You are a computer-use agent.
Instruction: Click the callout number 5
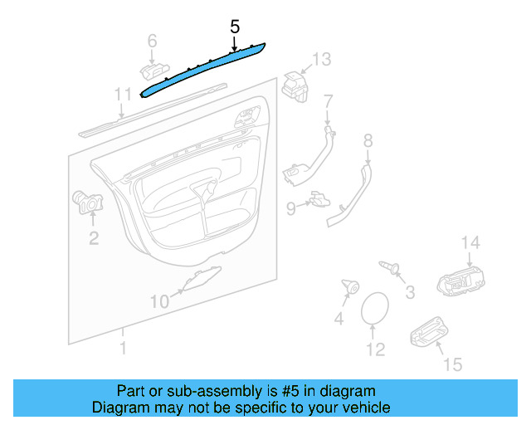(235, 27)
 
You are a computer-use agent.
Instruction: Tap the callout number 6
(152, 40)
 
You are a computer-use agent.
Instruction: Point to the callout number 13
(320, 58)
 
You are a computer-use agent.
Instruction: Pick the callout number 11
(123, 93)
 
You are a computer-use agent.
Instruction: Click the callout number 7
(328, 101)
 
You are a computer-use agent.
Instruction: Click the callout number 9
(291, 208)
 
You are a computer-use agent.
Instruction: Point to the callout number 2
(94, 239)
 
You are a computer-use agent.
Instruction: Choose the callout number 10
(158, 300)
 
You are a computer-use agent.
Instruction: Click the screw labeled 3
(389, 266)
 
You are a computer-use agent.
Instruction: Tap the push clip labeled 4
(348, 289)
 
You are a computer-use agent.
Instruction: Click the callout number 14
(470, 242)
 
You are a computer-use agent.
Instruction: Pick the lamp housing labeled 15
(426, 332)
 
